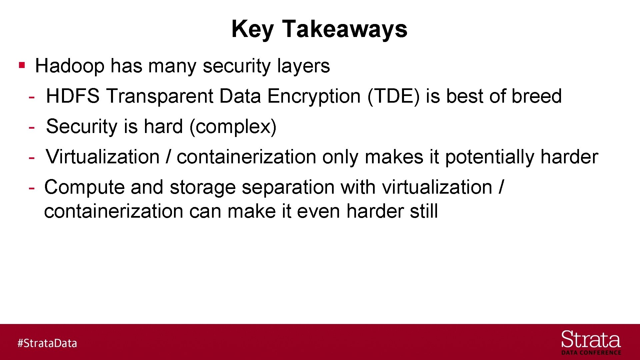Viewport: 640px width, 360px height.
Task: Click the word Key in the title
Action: click(252, 29)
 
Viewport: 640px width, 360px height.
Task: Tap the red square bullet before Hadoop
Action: click(22, 65)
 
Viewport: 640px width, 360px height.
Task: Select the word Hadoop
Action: click(70, 66)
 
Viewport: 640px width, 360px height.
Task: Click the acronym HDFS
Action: click(73, 96)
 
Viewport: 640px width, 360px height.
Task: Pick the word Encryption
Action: click(314, 96)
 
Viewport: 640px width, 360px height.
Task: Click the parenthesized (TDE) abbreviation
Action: click(393, 96)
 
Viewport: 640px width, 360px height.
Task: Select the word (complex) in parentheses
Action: click(233, 127)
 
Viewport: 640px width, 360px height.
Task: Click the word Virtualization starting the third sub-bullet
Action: click(103, 157)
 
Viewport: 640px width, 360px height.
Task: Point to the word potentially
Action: click(490, 157)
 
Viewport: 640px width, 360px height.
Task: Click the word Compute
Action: click(84, 187)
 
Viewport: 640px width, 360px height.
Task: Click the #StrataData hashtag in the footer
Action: click(47, 343)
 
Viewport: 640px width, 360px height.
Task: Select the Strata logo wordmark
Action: click(591, 340)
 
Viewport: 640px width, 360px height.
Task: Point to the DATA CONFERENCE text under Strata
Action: click(591, 353)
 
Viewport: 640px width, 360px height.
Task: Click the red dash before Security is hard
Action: click(32, 127)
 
